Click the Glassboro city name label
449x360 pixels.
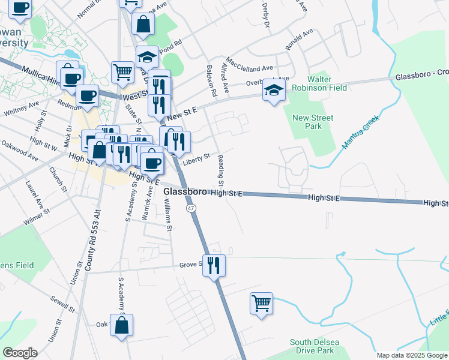coord(185,192)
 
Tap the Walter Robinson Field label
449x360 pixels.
coord(328,83)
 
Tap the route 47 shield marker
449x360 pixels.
coord(191,208)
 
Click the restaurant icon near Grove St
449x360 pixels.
coord(214,265)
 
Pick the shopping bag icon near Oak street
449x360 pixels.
coord(121,326)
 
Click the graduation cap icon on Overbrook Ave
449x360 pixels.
coord(274,91)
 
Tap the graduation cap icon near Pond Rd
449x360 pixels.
coord(147,57)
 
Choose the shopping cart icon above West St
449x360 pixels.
coord(122,72)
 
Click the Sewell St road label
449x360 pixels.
coord(62,304)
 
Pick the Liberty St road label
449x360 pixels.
coord(196,160)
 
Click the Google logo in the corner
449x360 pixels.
coord(20,353)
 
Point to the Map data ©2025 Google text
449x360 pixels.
coord(411,355)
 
